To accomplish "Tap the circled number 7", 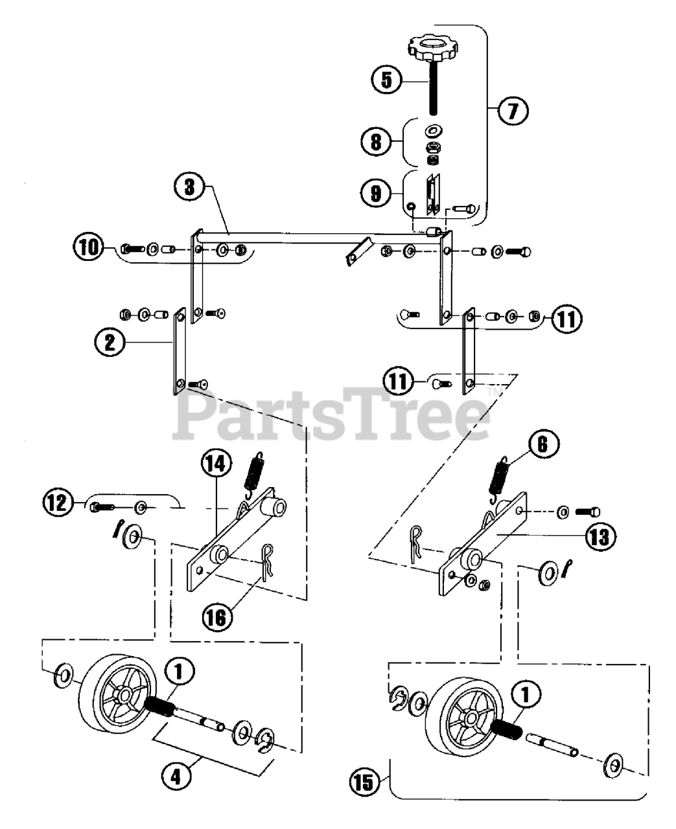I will [x=513, y=111].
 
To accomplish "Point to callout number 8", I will [x=376, y=141].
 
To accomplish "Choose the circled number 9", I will [x=376, y=192].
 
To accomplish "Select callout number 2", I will [x=109, y=342].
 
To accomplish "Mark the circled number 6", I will [x=543, y=445].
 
